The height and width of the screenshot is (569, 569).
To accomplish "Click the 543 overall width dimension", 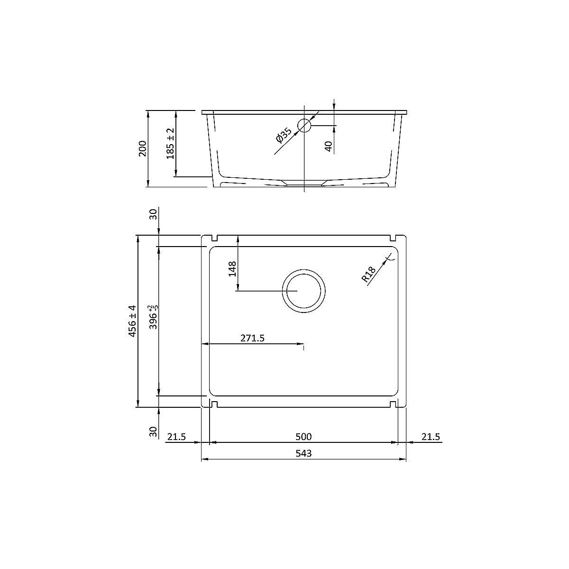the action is tap(303, 453).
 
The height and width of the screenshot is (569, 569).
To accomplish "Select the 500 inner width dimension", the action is tap(303, 437).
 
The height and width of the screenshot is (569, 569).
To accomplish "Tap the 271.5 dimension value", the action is tap(252, 338).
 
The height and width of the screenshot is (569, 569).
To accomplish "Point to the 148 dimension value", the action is tap(232, 269).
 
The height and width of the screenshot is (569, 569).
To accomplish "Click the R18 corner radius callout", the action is tap(368, 275).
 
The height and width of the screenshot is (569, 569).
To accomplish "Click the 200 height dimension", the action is tap(143, 148).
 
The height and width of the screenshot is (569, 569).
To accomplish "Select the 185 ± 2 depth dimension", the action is tap(170, 144).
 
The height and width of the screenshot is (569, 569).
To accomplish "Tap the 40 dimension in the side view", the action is tap(328, 147).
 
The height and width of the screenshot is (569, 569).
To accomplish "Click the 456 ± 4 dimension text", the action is tap(132, 321).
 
